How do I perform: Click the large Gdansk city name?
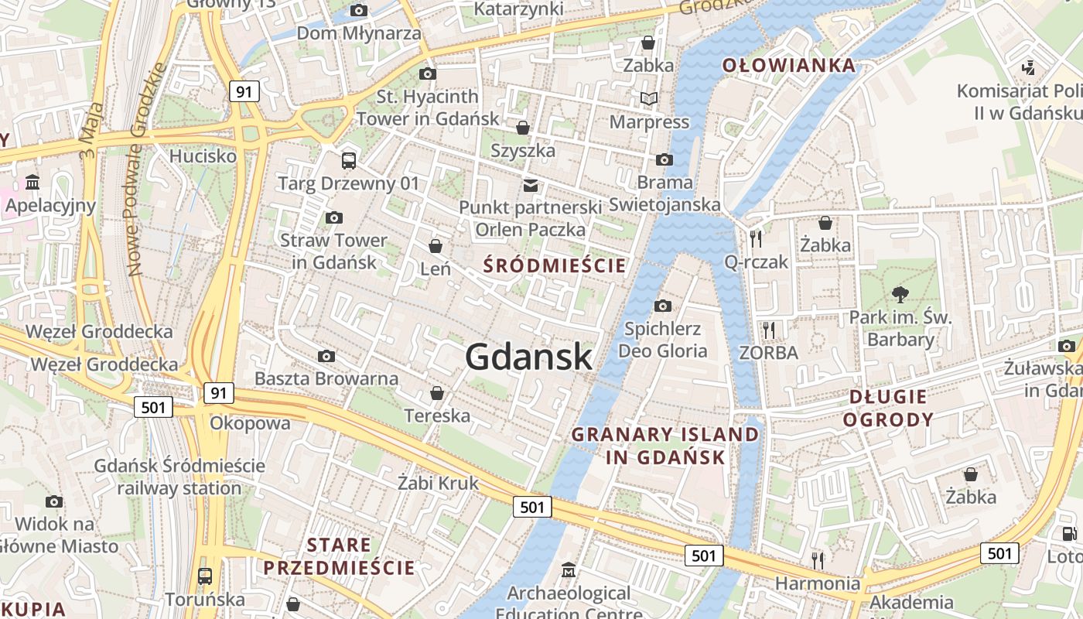coord(529,357)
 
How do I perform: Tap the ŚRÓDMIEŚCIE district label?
coord(554,265)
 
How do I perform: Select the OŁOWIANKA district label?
coord(789,66)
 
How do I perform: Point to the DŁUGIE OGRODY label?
coord(888,408)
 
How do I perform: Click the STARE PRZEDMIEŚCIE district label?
coord(339,556)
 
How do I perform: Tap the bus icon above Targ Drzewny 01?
coord(349,161)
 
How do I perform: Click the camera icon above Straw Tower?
coord(334,218)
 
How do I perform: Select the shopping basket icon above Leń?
coord(436,246)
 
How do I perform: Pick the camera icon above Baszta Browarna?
coord(326,357)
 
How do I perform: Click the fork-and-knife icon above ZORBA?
coord(768,330)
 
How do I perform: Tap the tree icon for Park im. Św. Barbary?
coord(900,294)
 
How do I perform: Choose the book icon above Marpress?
coord(648,99)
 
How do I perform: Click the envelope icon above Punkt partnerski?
coord(531,185)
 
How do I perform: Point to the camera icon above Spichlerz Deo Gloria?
coord(663,306)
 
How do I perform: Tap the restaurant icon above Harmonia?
coord(818,559)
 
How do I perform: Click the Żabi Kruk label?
coord(438,483)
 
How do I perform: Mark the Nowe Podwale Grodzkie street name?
coord(148,170)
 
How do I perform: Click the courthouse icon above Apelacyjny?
coord(33,183)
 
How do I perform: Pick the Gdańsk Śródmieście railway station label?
coord(179,477)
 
